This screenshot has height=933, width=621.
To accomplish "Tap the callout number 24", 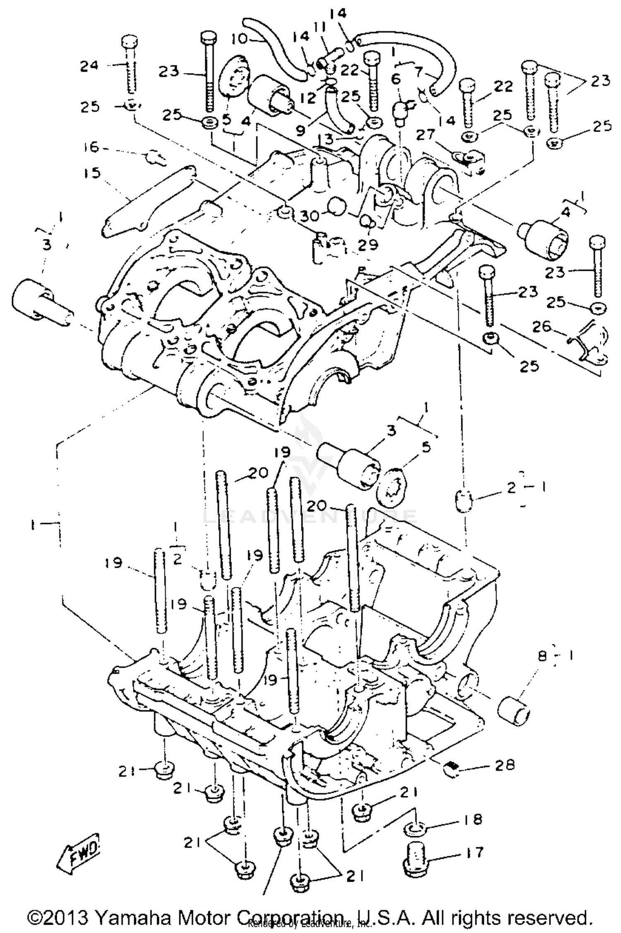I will point(89,65).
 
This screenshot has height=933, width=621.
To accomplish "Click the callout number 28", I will point(504,764).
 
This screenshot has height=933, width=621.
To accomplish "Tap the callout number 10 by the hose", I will point(240,39).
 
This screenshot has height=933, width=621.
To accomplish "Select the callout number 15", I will point(92,173).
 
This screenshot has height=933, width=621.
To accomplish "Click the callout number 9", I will point(301,130).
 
